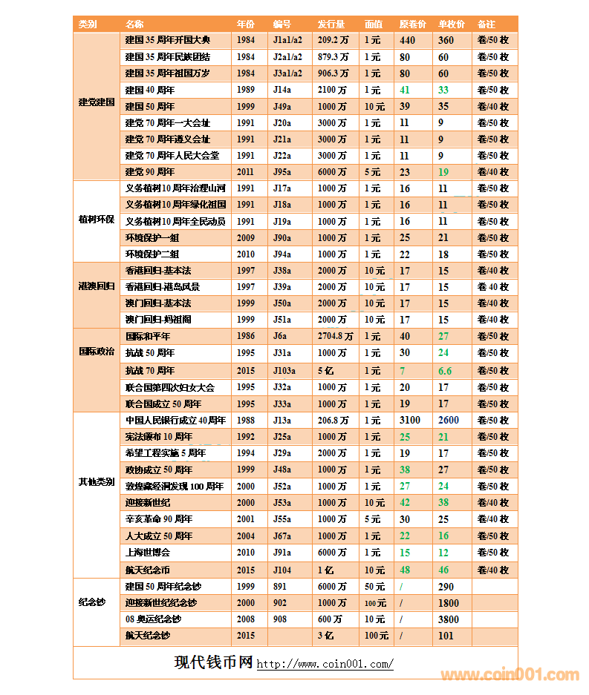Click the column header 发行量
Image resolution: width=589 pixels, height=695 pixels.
click(332, 24)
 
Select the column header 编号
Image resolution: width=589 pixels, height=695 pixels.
click(282, 24)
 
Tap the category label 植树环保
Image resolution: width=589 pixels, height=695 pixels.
click(97, 220)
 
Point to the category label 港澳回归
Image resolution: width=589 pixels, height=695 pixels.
click(97, 286)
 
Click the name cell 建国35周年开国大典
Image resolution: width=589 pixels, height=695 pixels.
click(168, 40)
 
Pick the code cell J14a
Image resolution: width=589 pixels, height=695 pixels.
click(282, 90)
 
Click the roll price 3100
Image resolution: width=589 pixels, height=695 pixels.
click(409, 420)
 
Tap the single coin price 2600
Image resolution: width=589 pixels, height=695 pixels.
click(449, 420)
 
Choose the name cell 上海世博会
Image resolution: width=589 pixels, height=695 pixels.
click(148, 552)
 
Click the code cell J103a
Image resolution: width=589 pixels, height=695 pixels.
click(284, 370)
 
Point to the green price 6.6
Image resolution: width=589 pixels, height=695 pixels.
click(445, 370)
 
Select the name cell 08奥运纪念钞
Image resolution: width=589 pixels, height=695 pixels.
click(153, 619)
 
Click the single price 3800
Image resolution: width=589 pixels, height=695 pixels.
click(449, 619)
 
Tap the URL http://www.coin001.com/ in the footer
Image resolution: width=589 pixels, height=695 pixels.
click(325, 664)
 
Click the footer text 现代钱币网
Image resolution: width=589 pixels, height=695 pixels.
click(214, 662)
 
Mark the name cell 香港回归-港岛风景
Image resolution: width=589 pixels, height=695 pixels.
click(162, 287)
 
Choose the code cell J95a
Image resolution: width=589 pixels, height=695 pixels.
click(282, 172)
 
